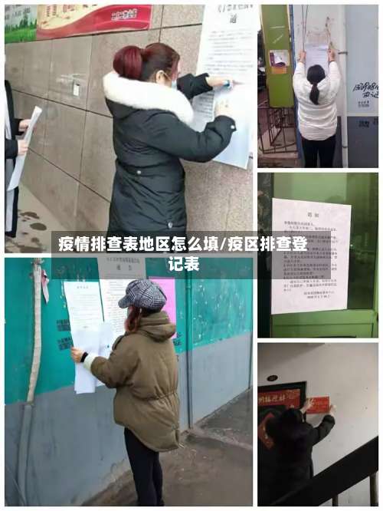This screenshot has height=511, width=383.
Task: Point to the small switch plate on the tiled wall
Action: coord(76,89)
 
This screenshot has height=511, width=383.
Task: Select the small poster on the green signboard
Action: coord(280,59)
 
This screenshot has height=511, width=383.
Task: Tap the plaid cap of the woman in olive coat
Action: coord(142,293)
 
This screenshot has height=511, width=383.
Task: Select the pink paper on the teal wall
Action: coord(165,303)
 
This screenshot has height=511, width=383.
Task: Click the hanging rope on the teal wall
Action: coord(34,330)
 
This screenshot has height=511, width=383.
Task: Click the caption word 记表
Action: coord(184,264)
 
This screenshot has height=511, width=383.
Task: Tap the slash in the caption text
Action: coord(222,245)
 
